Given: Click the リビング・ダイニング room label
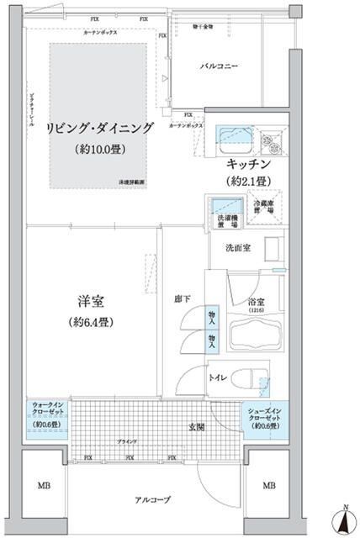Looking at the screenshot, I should coord(99,128).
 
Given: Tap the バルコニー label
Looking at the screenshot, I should coord(220,65).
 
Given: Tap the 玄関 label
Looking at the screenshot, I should coord(197,427).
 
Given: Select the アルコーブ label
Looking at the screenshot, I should coord(153,498).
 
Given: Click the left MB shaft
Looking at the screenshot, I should coord(41,486).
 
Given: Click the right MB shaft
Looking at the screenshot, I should coord(268,486).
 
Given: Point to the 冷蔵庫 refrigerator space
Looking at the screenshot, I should coord(266,206).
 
